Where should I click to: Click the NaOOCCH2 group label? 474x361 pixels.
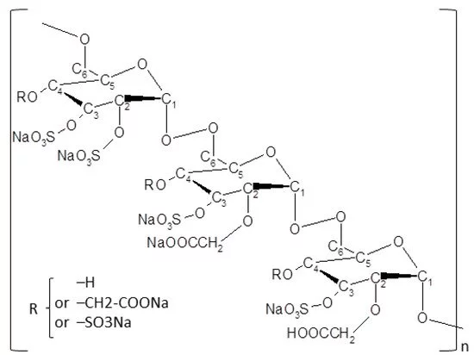[x=185, y=244]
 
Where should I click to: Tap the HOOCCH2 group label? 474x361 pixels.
[x=321, y=334]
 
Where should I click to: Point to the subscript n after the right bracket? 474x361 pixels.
[x=465, y=347]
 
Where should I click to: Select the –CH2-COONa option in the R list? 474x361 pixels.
[x=122, y=302]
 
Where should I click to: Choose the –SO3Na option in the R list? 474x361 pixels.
[x=104, y=322]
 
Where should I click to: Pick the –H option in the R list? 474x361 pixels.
[x=86, y=283]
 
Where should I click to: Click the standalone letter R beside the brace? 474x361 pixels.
[x=34, y=309]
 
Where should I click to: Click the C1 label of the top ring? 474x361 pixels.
[x=169, y=100]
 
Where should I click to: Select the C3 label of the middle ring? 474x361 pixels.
[x=219, y=200]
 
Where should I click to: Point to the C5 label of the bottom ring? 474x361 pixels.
[x=363, y=259]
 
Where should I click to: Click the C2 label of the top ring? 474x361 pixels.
[x=122, y=103]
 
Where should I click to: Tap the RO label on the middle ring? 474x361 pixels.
[x=155, y=184]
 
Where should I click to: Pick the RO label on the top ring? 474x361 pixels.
[x=28, y=97]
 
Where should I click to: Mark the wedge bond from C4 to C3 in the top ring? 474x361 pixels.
[x=73, y=99]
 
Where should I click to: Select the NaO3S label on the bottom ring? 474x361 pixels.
[x=287, y=309]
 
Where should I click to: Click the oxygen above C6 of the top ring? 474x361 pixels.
[x=84, y=40]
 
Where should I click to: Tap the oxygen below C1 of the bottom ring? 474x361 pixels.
[x=422, y=318]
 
